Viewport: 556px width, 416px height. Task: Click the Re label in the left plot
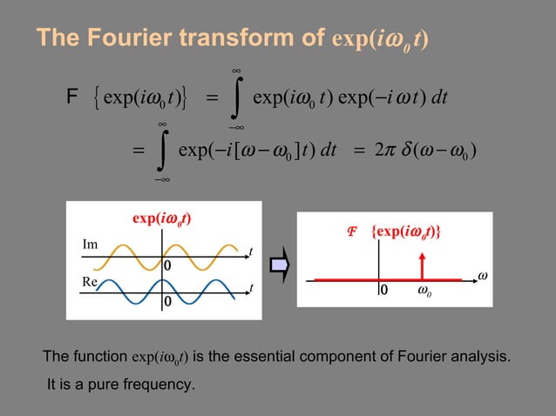[89, 281]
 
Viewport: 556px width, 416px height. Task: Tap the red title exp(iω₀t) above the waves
[161, 217]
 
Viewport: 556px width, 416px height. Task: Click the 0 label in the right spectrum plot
[383, 292]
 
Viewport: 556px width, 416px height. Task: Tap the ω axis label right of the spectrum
[482, 276]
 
